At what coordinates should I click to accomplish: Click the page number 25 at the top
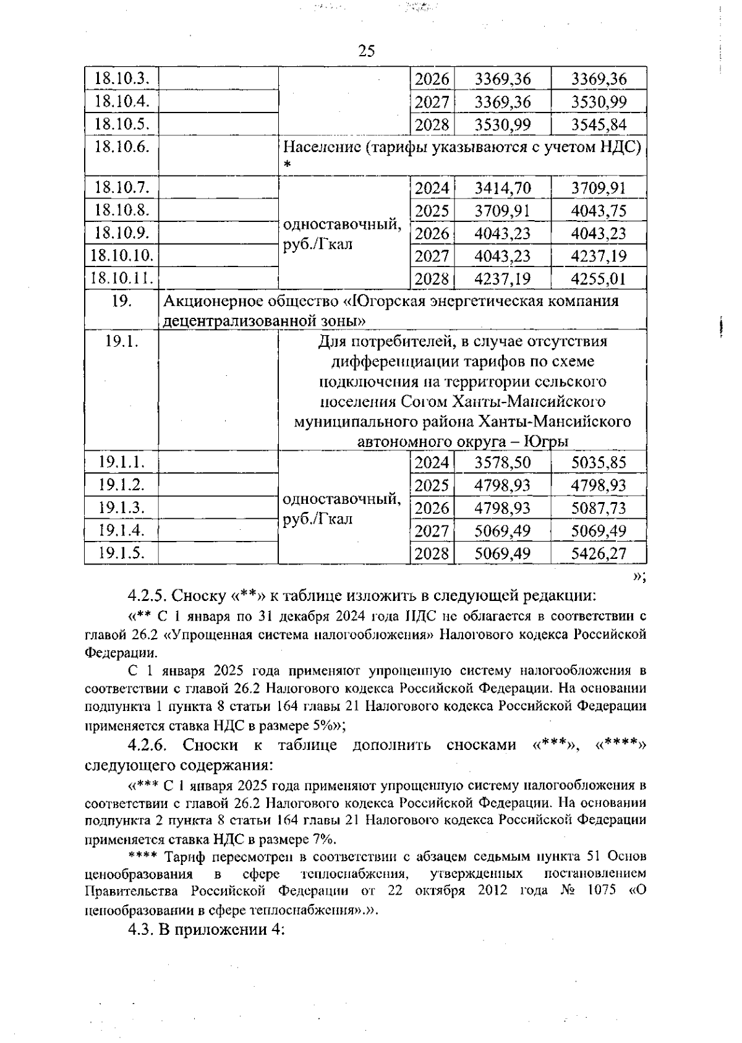[366, 51]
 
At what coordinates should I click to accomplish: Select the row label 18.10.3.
[122, 79]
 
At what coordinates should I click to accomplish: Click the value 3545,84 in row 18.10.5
[598, 124]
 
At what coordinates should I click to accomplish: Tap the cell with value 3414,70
[502, 189]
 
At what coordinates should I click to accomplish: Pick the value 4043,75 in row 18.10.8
[598, 211]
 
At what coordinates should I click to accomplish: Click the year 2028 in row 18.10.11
[432, 279]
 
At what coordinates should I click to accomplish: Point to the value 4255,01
[598, 279]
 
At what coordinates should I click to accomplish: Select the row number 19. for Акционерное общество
[122, 301]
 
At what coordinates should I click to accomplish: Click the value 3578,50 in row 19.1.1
[502, 462]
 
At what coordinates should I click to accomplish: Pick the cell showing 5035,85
[598, 462]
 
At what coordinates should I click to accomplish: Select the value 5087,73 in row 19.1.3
[598, 508]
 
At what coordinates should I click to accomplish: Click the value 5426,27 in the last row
[598, 553]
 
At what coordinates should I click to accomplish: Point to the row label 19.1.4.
[122, 530]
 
